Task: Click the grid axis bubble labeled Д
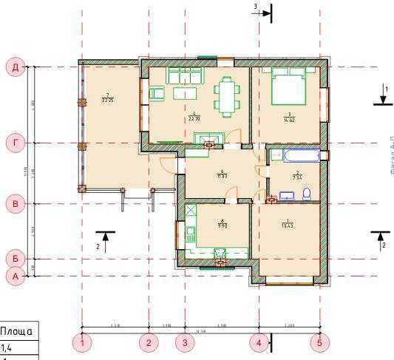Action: pyautogui.click(x=15, y=68)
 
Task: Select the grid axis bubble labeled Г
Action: pyautogui.click(x=15, y=143)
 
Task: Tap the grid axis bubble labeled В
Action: pyautogui.click(x=15, y=203)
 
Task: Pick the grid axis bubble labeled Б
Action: pyautogui.click(x=15, y=259)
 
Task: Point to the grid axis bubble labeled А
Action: pyautogui.click(x=15, y=276)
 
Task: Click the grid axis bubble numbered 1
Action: pyautogui.click(x=83, y=342)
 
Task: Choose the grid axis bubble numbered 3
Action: pyautogui.click(x=184, y=342)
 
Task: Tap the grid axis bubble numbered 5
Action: pyautogui.click(x=319, y=342)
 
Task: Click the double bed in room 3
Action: pyautogui.click(x=288, y=87)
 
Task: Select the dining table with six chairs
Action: pyautogui.click(x=228, y=94)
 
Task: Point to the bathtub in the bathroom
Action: pyautogui.click(x=293, y=156)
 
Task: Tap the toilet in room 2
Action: pyautogui.click(x=308, y=194)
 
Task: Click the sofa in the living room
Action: pyautogui.click(x=185, y=75)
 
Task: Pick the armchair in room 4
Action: pyautogui.click(x=156, y=93)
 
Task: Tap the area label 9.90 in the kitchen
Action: pyautogui.click(x=221, y=223)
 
